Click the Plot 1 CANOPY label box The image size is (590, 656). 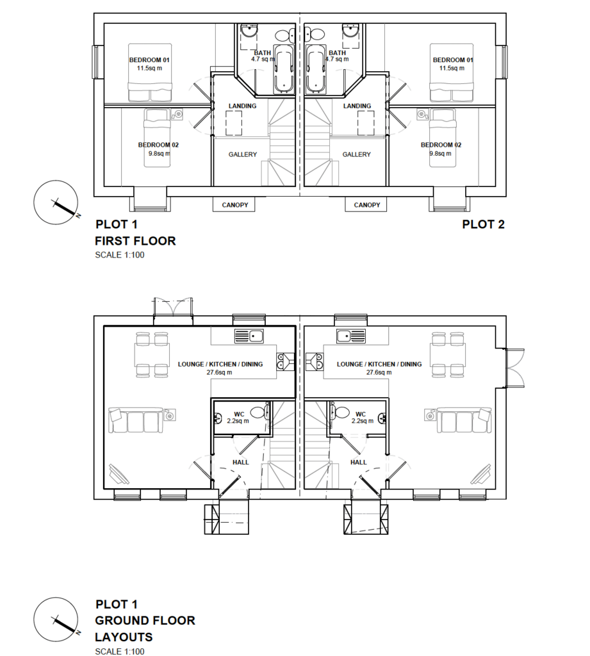(234, 204)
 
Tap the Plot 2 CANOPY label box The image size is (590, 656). (366, 204)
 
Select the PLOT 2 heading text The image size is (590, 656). (483, 225)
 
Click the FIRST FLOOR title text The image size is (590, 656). (135, 241)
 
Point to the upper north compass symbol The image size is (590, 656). (56, 202)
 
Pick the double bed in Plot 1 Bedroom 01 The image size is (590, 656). (150, 72)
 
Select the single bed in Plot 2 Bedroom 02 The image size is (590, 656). (443, 138)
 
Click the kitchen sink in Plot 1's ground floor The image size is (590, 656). (249, 336)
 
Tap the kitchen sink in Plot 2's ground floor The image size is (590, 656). (351, 336)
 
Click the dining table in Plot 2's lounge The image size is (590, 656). (448, 355)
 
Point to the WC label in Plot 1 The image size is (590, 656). (239, 414)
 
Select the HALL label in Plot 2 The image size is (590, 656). (359, 463)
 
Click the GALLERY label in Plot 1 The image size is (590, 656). (243, 154)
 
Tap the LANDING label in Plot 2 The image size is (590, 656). (357, 106)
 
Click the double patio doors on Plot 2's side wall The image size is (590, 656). (514, 368)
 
